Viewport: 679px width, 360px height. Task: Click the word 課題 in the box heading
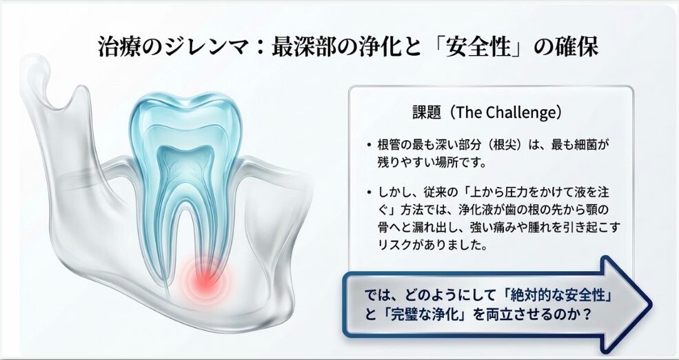[427, 112]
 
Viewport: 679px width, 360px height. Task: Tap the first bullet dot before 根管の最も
[369, 145]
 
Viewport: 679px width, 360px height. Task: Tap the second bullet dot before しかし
[369, 192]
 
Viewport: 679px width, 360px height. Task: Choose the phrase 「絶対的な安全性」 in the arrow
[560, 296]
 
